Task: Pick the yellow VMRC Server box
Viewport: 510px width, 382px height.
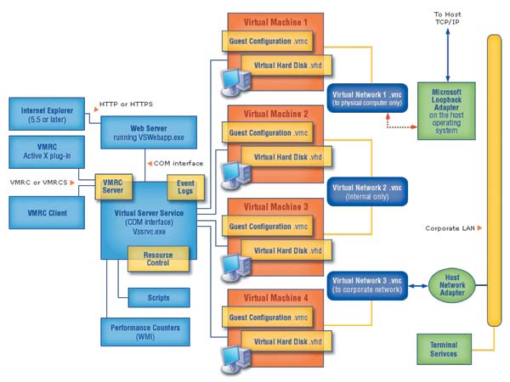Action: (112, 185)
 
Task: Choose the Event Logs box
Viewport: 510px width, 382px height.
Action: (185, 185)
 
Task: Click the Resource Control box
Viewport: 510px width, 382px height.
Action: (158, 258)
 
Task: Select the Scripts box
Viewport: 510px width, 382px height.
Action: (158, 298)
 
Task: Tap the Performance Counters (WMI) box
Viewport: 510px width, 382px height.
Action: (145, 331)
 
